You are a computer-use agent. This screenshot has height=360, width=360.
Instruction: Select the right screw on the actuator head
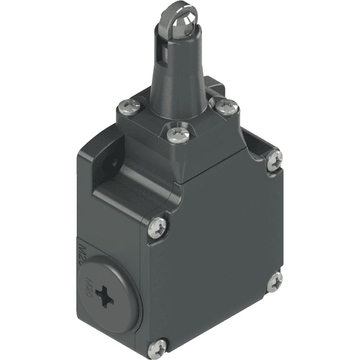click(x=226, y=107)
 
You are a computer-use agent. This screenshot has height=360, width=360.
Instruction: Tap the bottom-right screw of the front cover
click(x=275, y=281)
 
